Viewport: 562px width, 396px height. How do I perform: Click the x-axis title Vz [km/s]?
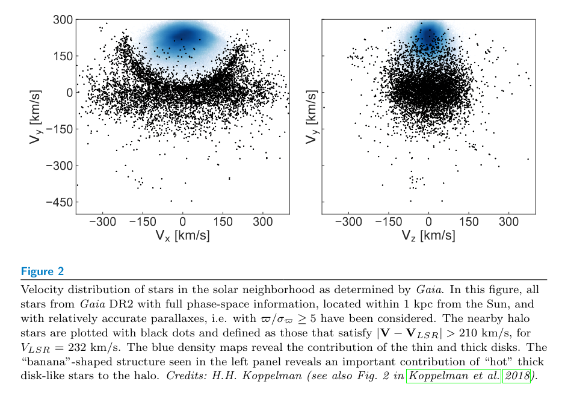coord(428,235)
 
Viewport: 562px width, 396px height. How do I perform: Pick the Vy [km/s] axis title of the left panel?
coord(23,117)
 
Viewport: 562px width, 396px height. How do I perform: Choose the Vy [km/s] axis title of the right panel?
coord(311,117)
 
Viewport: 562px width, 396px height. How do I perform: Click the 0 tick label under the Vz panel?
coord(428,222)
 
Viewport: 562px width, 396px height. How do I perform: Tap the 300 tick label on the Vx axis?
coord(262,222)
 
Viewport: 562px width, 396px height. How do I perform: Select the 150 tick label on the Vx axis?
coord(223,222)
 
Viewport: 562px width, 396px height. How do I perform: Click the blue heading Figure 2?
coord(42,272)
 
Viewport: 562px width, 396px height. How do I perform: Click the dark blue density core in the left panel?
coord(183,36)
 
